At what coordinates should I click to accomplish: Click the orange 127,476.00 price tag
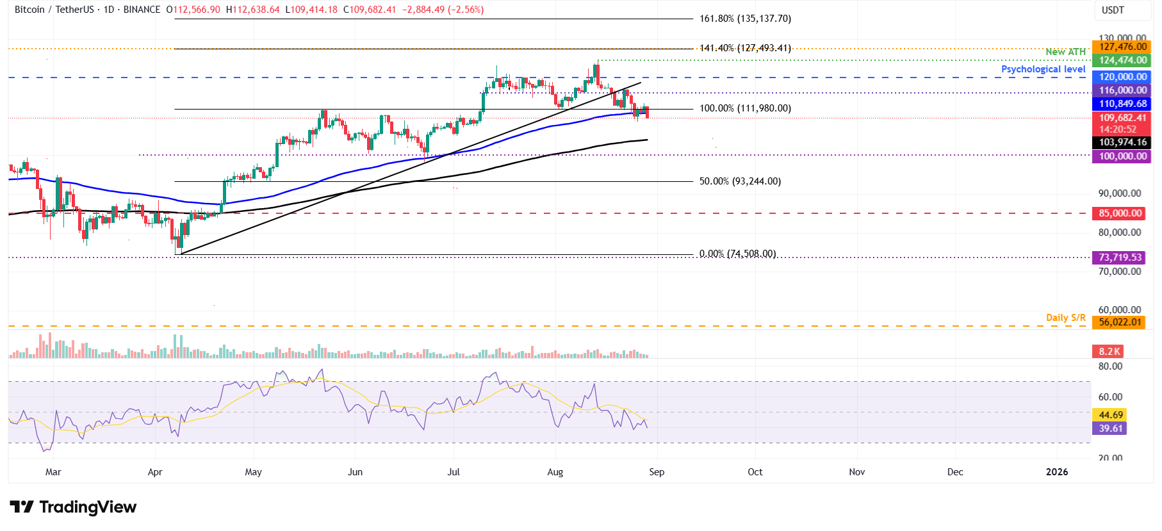[x=1122, y=47]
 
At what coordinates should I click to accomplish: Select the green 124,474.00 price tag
[x=1122, y=60]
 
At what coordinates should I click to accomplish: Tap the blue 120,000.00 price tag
[x=1122, y=77]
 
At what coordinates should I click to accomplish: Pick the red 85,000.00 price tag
[x=1120, y=213]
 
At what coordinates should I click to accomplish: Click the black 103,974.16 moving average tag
[x=1122, y=142]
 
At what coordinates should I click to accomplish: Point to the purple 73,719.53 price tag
[x=1120, y=257]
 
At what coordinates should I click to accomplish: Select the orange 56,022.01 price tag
[x=1120, y=322]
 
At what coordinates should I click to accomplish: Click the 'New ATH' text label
[x=1065, y=52]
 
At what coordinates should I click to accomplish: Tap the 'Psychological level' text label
[x=1043, y=69]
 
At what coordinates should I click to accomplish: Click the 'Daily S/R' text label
[x=1065, y=318]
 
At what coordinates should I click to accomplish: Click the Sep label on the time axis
[x=657, y=472]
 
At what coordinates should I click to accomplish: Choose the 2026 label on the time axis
[x=1056, y=472]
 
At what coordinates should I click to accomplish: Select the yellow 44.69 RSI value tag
[x=1110, y=415]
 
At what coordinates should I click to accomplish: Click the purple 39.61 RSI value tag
[x=1110, y=429]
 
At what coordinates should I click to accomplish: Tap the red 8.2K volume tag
[x=1109, y=352]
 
